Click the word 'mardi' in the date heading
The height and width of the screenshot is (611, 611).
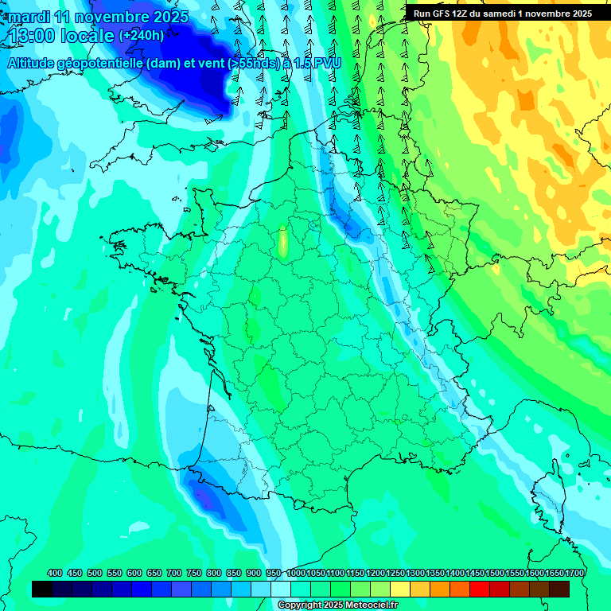click(29, 17)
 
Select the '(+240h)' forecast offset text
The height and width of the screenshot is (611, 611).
click(142, 35)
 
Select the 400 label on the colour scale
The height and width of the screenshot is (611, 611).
click(55, 573)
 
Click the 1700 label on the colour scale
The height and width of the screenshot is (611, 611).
click(574, 573)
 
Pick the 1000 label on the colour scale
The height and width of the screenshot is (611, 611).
click(297, 573)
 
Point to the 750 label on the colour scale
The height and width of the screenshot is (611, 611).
click(194, 573)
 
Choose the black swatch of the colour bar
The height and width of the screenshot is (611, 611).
click(42, 589)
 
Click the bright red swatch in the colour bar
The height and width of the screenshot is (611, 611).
click(480, 589)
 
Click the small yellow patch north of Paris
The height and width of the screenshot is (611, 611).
click(282, 243)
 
